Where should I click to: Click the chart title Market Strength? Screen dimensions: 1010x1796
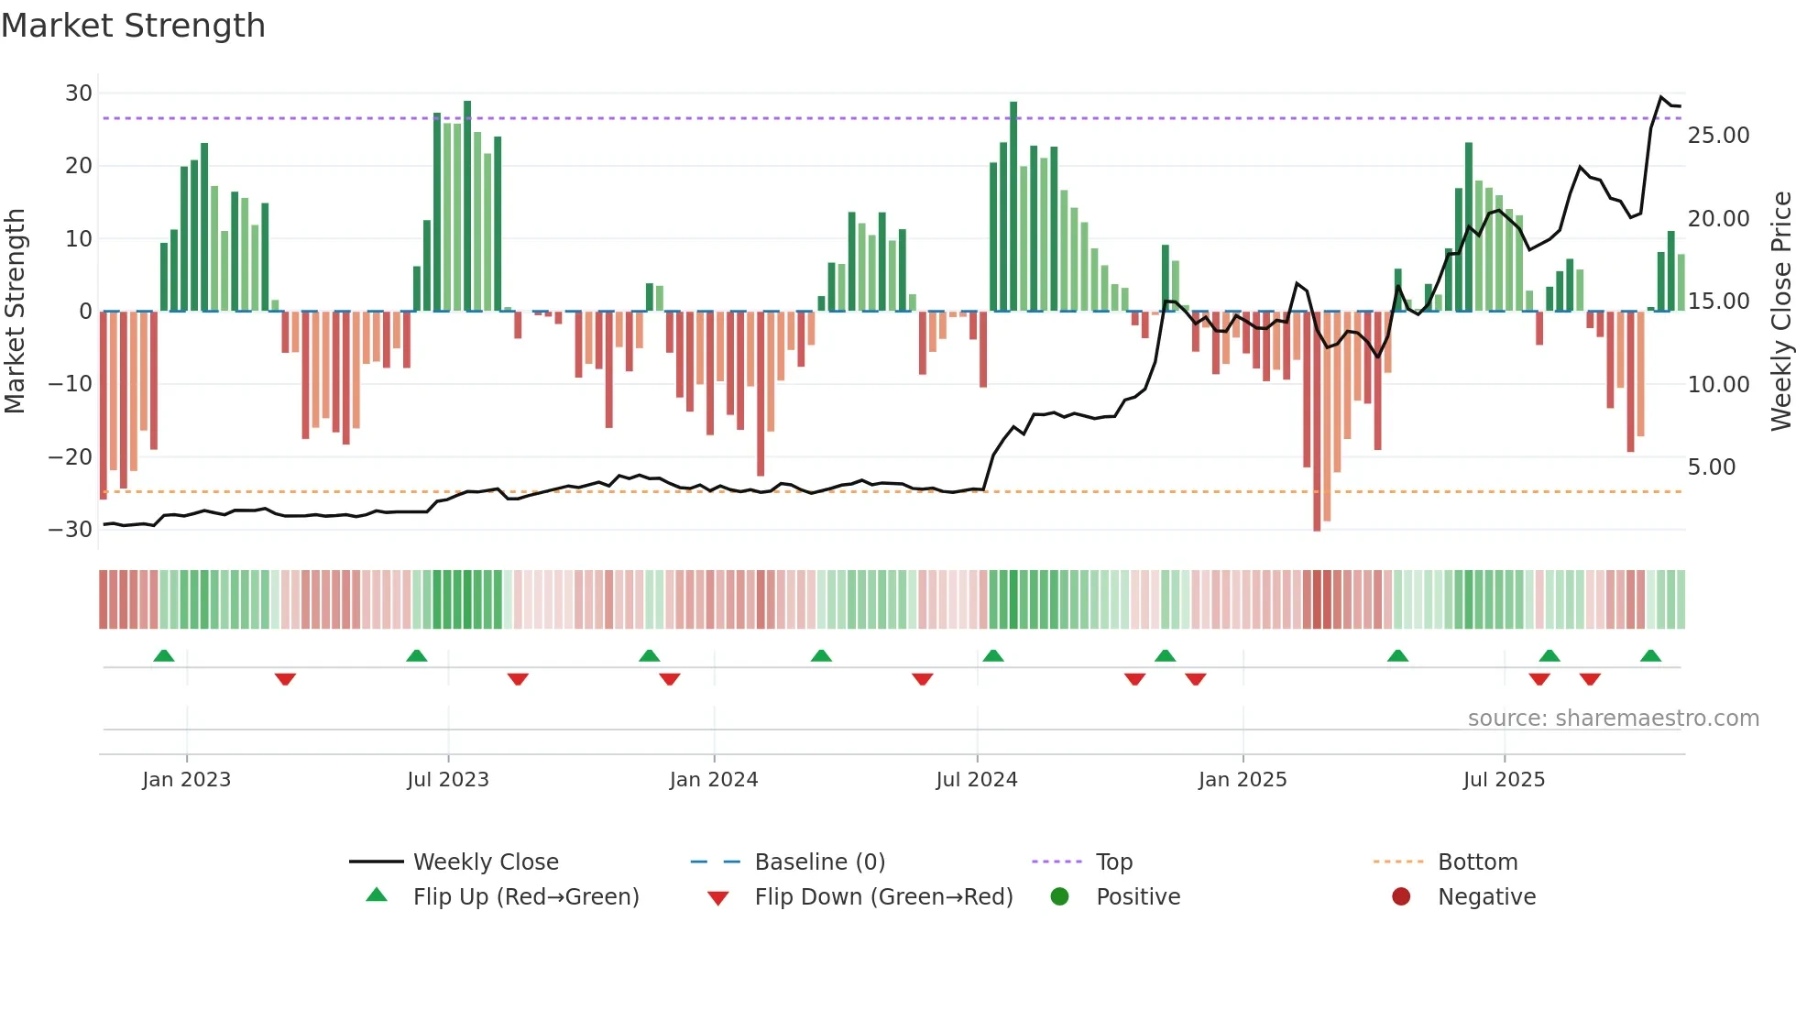133,26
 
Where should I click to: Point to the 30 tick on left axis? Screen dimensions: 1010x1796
79,93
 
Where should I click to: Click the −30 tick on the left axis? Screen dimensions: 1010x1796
71,529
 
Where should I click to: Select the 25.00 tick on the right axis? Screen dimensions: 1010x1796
1718,136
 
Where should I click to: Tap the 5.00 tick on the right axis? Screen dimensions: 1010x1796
1711,467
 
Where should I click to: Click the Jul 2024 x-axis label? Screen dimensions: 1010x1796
976,780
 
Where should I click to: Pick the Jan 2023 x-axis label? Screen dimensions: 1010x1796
186,780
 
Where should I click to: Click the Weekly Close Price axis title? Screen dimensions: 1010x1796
1780,312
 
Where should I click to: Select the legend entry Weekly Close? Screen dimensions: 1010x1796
485,862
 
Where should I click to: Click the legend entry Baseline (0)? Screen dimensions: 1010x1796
819,862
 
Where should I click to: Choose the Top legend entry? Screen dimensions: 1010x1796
1113,862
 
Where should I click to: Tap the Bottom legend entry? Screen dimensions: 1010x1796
1477,862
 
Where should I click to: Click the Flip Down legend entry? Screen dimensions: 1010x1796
882,897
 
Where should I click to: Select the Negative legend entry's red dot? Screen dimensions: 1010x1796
1401,897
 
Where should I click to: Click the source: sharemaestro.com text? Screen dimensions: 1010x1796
1613,719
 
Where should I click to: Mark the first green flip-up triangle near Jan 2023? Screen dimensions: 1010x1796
164,656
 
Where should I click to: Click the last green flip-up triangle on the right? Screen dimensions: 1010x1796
1650,656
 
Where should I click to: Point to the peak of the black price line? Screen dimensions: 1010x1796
1661,97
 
